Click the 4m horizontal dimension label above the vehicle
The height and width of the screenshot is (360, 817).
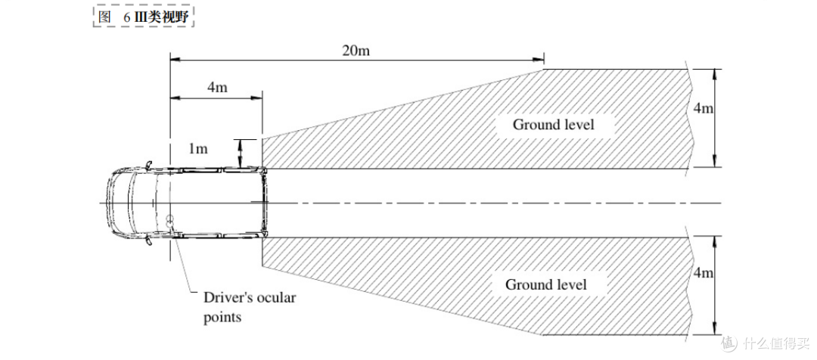pyautogui.click(x=217, y=87)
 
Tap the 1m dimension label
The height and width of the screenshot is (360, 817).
pyautogui.click(x=198, y=149)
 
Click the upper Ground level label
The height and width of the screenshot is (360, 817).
pyautogui.click(x=554, y=125)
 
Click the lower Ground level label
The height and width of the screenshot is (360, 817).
pyautogui.click(x=546, y=285)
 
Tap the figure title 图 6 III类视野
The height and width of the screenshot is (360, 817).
pyautogui.click(x=143, y=17)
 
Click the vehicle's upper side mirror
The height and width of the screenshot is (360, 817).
pyautogui.click(x=149, y=164)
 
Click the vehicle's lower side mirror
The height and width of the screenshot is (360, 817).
pyautogui.click(x=149, y=241)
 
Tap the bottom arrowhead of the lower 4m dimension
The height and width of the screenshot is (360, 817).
pyautogui.click(x=714, y=329)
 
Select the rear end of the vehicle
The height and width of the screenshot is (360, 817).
pyautogui.click(x=265, y=202)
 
